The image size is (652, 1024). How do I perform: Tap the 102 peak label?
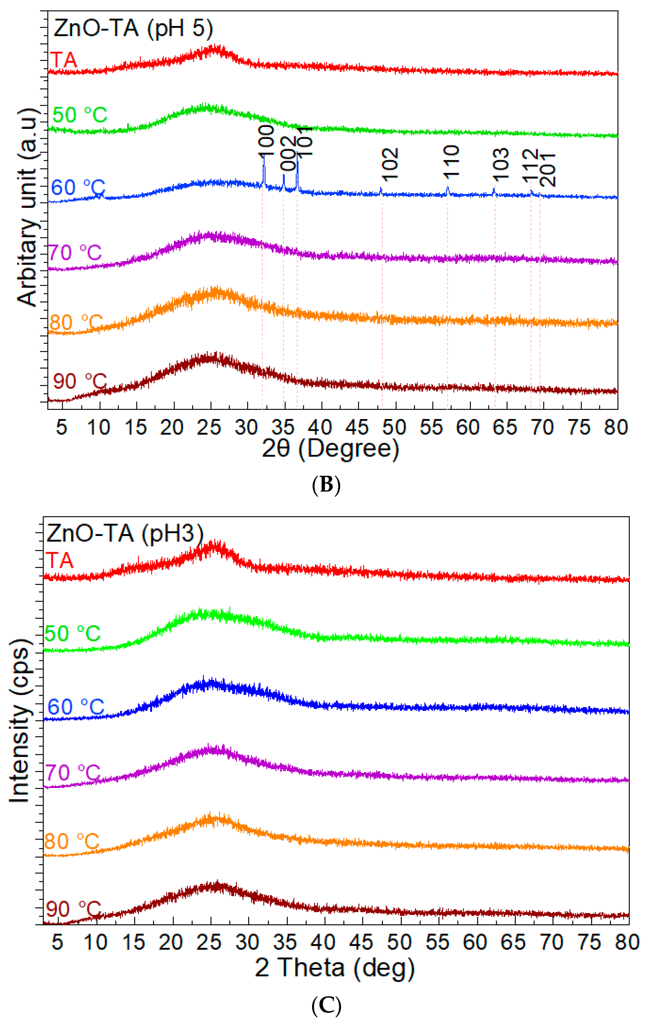(x=390, y=164)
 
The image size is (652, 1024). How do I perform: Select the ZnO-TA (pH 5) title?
(x=133, y=29)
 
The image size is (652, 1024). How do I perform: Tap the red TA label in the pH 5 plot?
(x=64, y=59)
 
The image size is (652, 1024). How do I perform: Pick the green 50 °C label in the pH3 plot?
(x=72, y=634)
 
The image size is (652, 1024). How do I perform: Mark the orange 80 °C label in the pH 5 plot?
(x=76, y=322)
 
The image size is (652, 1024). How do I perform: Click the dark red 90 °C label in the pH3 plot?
(x=73, y=910)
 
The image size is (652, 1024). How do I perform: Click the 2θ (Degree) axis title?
(x=330, y=449)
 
